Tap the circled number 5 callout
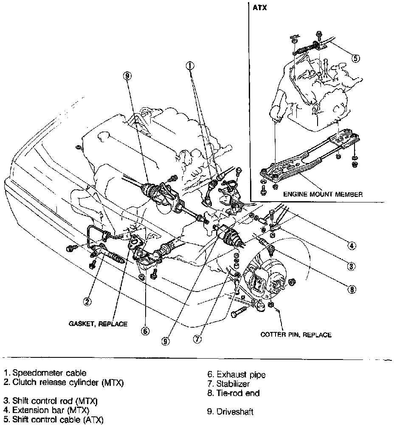356,58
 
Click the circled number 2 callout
87,302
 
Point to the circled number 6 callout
145,331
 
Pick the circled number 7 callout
197,339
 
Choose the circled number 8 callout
352,289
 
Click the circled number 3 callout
351,267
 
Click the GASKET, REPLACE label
98,324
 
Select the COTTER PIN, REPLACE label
296,334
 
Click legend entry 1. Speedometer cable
45,373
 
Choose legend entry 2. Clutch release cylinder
64,382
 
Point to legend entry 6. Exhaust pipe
236,375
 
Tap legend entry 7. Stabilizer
228,384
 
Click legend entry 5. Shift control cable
53,420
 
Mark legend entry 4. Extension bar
47,410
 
